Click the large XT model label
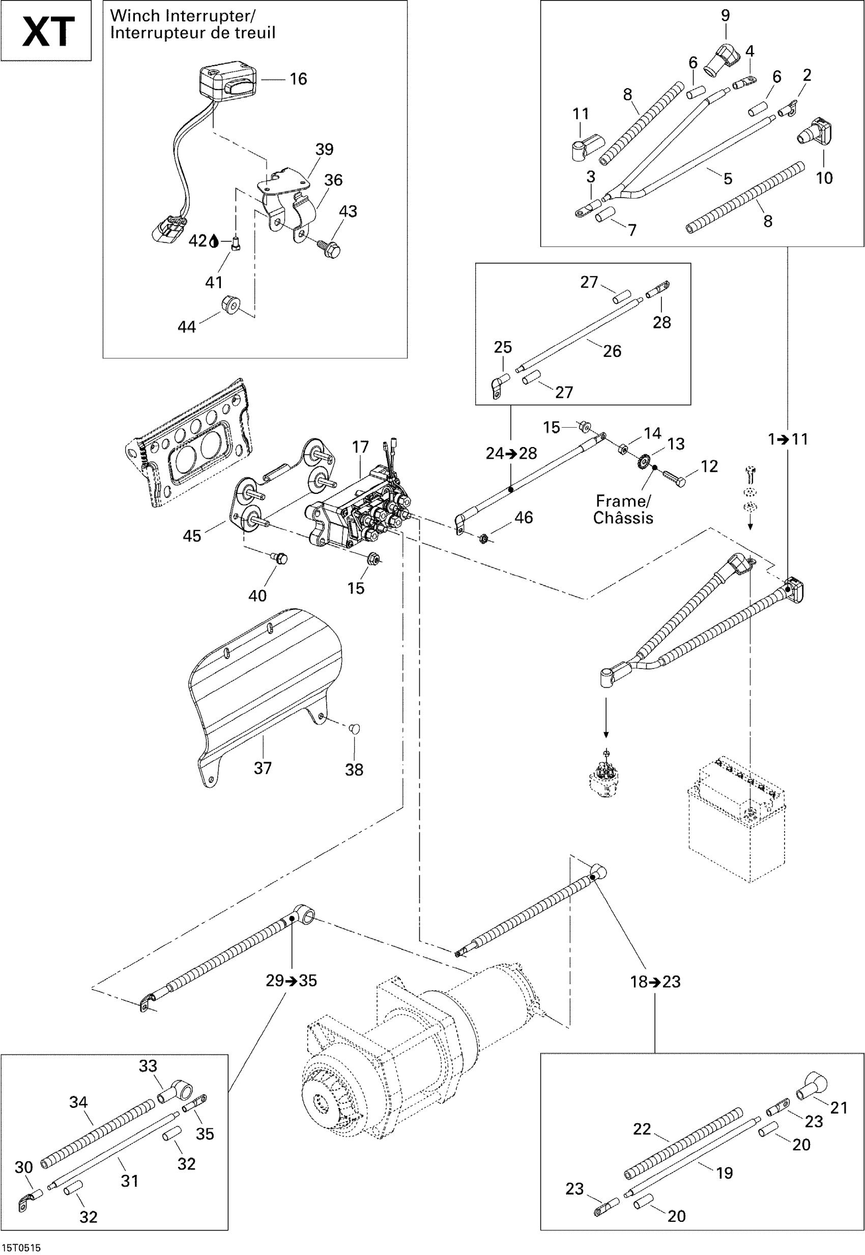pyautogui.click(x=48, y=32)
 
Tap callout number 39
pyautogui.click(x=324, y=149)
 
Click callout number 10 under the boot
pyautogui.click(x=824, y=177)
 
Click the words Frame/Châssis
pyautogui.click(x=623, y=509)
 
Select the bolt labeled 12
pyautogui.click(x=674, y=477)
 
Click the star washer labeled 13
pyautogui.click(x=643, y=463)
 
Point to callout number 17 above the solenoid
pyautogui.click(x=360, y=447)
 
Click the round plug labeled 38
pyautogui.click(x=354, y=729)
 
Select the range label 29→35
pyautogui.click(x=291, y=981)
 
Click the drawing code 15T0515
pyautogui.click(x=21, y=1247)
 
